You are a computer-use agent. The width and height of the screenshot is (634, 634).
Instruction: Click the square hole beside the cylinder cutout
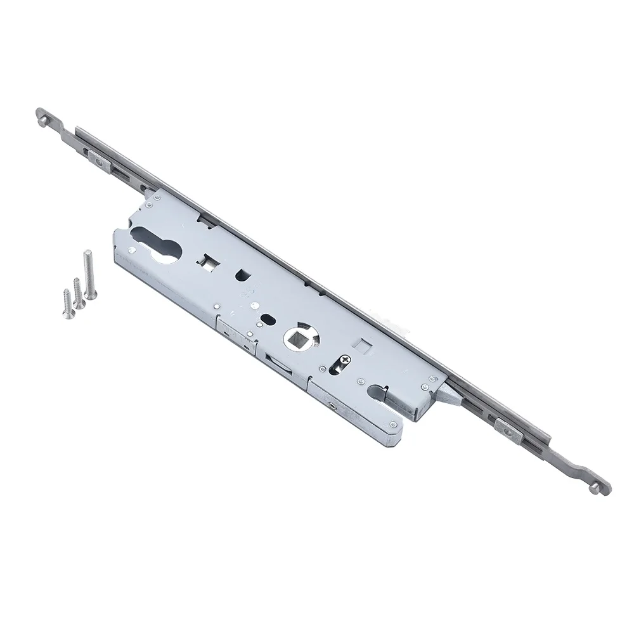[207, 261]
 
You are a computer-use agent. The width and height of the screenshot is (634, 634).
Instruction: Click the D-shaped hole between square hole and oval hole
[243, 274]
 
